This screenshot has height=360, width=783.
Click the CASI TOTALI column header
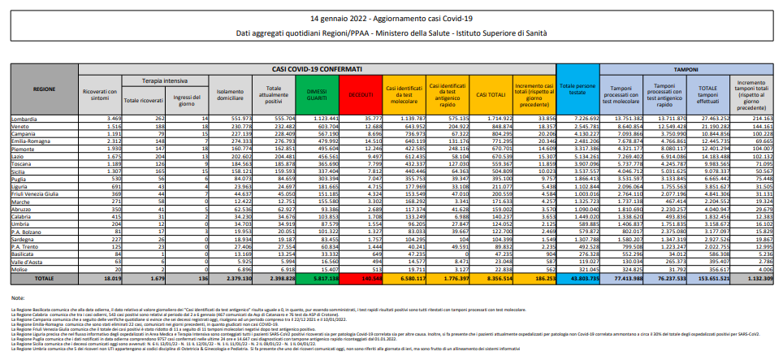point(491,94)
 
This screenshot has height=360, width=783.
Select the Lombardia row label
point(24,119)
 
